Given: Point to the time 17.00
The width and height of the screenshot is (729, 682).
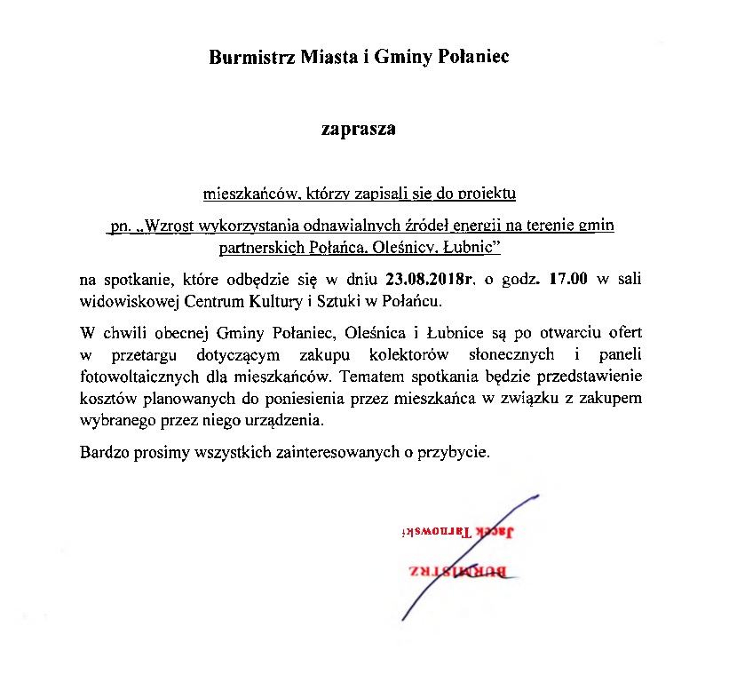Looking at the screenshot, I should click(x=568, y=280).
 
